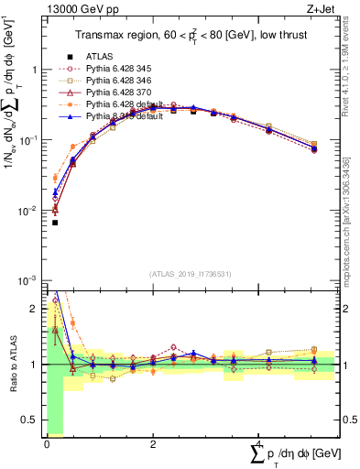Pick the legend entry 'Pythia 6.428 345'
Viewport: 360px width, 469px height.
point(123,69)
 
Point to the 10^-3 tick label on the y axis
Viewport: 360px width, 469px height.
point(27,281)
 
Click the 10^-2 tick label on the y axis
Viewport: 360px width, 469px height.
point(27,211)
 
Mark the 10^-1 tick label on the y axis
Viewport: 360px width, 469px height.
point(27,140)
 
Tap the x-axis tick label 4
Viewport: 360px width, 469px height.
point(259,444)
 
